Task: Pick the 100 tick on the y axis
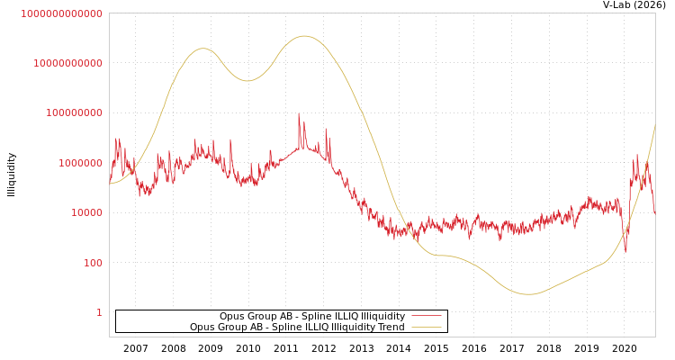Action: click(x=93, y=263)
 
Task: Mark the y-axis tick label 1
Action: click(x=99, y=312)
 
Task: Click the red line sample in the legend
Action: click(x=426, y=316)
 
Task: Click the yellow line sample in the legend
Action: click(x=426, y=328)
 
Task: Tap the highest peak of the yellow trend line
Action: click(x=304, y=36)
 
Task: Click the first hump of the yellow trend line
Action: click(x=202, y=49)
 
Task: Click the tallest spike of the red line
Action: click(x=299, y=113)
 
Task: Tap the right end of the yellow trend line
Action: click(x=654, y=126)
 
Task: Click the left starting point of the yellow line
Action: click(x=110, y=184)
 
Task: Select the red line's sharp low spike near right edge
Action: click(x=626, y=251)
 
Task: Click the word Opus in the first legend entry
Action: click(x=232, y=316)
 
